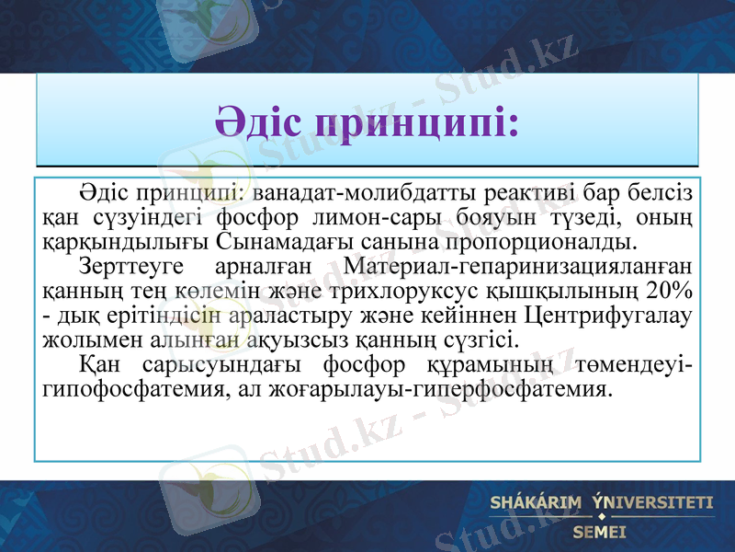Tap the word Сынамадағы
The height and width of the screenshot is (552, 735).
point(269,243)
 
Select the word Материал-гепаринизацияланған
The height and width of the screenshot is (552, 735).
point(515,268)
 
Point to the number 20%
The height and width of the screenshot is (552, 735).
point(669,292)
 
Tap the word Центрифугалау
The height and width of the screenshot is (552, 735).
point(607,316)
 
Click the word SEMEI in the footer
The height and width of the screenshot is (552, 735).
point(598,532)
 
